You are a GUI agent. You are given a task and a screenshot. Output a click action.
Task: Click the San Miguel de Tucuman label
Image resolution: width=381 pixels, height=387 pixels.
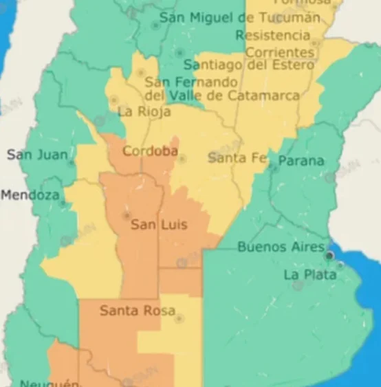pyautogui.click(x=239, y=17)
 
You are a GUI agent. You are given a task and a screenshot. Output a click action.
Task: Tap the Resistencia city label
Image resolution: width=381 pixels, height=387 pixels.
pyautogui.click(x=272, y=34)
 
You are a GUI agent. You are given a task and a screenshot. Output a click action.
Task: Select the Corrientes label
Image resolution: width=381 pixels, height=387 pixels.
pyautogui.click(x=279, y=52)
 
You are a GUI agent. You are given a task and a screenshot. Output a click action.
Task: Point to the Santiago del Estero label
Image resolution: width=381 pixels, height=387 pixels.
pyautogui.click(x=248, y=65)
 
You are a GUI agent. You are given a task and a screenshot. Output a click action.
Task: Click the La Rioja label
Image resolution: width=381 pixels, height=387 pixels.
pyautogui.click(x=144, y=111)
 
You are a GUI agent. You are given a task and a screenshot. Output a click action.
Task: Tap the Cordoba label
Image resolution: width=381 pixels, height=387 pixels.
pyautogui.click(x=150, y=151)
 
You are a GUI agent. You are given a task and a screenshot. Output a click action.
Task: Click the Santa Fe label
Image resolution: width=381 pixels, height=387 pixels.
pyautogui.click(x=237, y=158)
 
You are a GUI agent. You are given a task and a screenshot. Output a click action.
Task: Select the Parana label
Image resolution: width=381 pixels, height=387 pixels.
pyautogui.click(x=301, y=161)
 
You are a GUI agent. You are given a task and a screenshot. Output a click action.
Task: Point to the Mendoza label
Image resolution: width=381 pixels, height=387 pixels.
pyautogui.click(x=30, y=195)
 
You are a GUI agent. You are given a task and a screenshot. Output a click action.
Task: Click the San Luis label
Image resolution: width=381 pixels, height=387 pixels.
pyautogui.click(x=159, y=225)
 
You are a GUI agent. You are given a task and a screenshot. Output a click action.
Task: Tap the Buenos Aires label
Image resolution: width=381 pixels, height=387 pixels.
pyautogui.click(x=281, y=247)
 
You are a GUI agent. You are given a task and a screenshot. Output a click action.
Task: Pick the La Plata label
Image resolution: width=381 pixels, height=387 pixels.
pyautogui.click(x=310, y=275)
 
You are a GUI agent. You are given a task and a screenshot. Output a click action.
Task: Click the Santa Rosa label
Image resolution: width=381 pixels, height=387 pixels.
pyautogui.click(x=138, y=311)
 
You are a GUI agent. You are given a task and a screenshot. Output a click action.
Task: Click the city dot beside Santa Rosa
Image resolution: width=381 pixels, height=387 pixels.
pyautogui.click(x=179, y=319)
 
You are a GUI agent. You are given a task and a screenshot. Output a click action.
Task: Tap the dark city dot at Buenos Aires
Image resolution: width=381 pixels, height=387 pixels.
pyautogui.click(x=329, y=256)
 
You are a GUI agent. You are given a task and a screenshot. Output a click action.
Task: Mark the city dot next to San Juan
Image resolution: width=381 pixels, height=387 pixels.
pyautogui.click(x=71, y=164)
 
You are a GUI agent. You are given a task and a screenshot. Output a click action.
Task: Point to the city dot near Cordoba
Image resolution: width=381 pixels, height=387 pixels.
pyautogui.click(x=182, y=159)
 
